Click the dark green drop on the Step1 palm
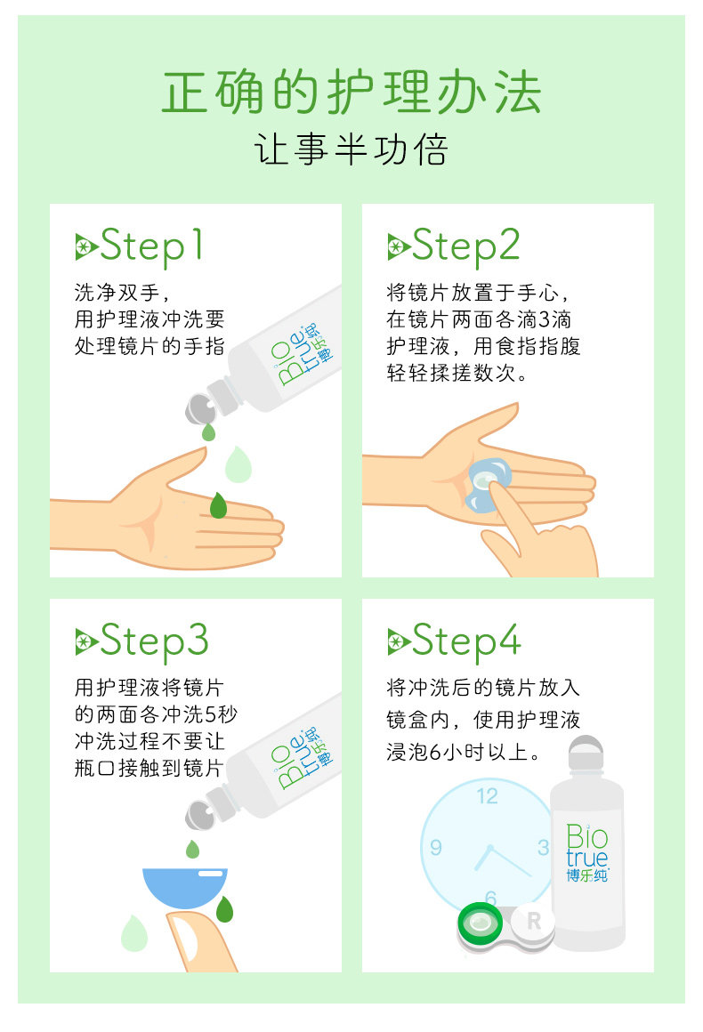coord(218,504)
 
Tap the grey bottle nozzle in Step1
coord(200,409)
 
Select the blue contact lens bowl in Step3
coord(185,887)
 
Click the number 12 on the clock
coord(487,795)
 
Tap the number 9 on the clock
coord(436,847)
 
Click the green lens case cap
coord(481,923)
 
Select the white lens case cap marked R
coord(532,922)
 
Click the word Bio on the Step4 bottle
coord(587,837)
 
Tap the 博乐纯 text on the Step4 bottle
coord(587,875)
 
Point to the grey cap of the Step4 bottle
coord(586,753)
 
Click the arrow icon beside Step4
coord(399,641)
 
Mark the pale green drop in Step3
coord(134,932)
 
